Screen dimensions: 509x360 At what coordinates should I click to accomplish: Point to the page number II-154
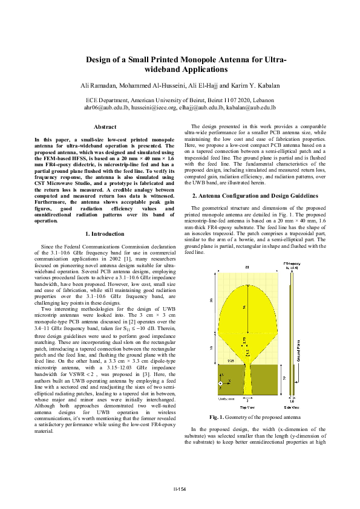[180, 489]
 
